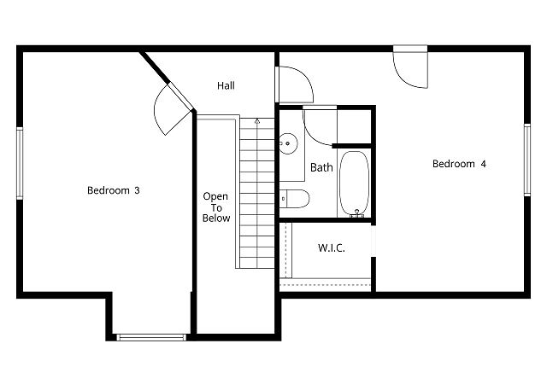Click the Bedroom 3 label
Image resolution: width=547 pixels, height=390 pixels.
(114, 190)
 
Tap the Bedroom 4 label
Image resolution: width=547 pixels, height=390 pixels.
(459, 164)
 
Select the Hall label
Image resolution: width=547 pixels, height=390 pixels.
(226, 85)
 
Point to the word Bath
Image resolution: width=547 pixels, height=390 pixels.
(321, 167)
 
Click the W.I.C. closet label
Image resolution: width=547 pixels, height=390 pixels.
(332, 248)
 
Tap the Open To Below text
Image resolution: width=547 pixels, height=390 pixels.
(216, 207)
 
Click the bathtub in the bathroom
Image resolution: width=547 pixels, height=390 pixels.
(355, 183)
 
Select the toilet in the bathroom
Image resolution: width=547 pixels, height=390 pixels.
(294, 199)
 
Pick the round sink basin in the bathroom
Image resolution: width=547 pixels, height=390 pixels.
(288, 143)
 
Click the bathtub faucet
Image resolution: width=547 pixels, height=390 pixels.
(356, 214)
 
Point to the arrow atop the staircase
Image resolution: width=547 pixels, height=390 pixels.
(257, 121)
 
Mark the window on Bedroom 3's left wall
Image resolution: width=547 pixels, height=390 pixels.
(20, 163)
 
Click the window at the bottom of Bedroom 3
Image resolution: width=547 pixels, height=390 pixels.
(151, 337)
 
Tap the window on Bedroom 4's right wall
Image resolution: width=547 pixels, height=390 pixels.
(527, 160)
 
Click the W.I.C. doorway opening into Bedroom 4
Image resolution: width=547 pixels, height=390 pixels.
(373, 241)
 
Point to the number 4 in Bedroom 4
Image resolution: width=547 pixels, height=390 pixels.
(483, 164)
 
